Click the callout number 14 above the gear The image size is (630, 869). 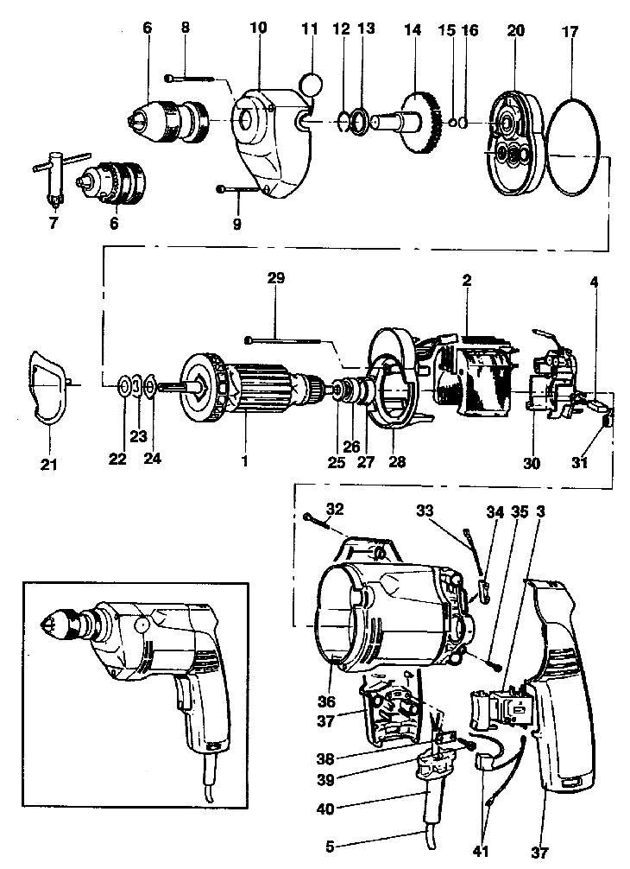(x=412, y=29)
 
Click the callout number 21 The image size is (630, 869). (x=48, y=466)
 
